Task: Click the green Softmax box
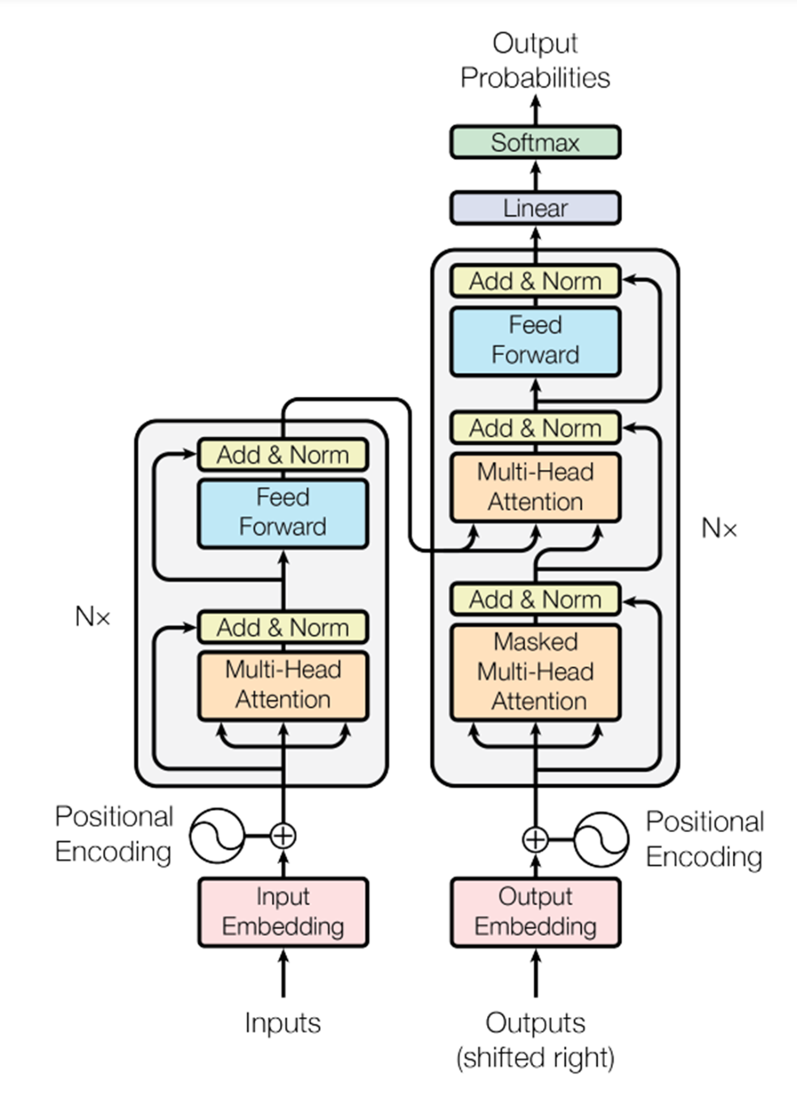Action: tap(535, 142)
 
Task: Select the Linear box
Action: tap(535, 208)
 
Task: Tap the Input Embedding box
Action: tap(283, 912)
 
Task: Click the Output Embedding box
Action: tap(535, 912)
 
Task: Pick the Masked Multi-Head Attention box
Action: tap(535, 672)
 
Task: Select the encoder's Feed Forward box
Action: tap(283, 512)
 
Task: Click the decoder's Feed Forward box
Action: tap(535, 341)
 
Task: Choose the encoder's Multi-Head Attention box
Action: tap(283, 685)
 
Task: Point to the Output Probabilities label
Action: tap(535, 60)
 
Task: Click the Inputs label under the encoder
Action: tap(283, 1023)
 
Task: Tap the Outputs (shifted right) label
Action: tap(535, 1040)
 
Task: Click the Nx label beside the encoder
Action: tap(92, 617)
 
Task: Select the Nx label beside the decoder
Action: tap(719, 528)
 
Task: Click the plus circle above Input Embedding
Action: tap(283, 836)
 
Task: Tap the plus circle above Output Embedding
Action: tap(535, 839)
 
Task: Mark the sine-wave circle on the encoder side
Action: tap(217, 836)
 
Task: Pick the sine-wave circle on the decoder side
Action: tap(601, 839)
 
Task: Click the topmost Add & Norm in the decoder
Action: tap(535, 281)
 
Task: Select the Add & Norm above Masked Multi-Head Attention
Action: tap(535, 599)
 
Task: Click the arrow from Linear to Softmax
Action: tap(535, 175)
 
